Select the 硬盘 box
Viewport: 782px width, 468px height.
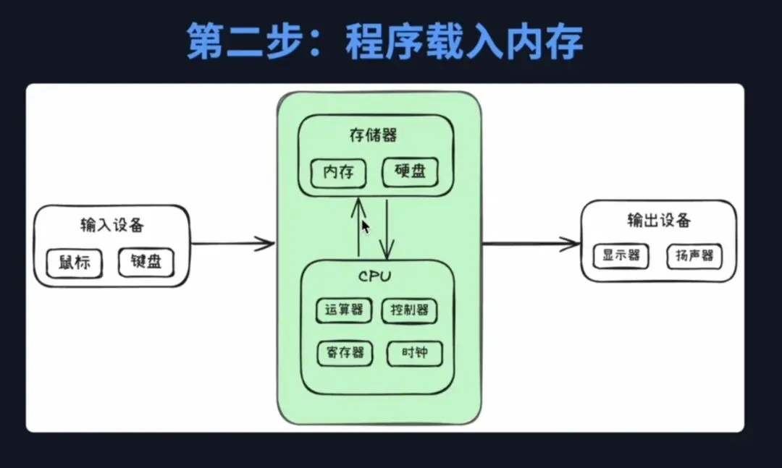pyautogui.click(x=411, y=172)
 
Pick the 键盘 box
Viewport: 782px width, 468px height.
pyautogui.click(x=146, y=262)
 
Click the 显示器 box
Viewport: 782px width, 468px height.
pyautogui.click(x=621, y=255)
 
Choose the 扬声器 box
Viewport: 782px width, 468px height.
pyautogui.click(x=694, y=255)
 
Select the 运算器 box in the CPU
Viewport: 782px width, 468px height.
pyautogui.click(x=344, y=310)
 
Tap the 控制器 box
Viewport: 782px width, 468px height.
pyautogui.click(x=410, y=310)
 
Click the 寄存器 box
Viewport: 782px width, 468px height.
pyautogui.click(x=344, y=353)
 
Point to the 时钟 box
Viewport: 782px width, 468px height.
pyautogui.click(x=413, y=353)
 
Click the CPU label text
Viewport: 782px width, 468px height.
pyautogui.click(x=374, y=276)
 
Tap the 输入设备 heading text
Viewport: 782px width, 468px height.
pyautogui.click(x=112, y=225)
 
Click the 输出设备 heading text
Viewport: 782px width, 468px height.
pyautogui.click(x=658, y=220)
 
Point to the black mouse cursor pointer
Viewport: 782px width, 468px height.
pyautogui.click(x=366, y=226)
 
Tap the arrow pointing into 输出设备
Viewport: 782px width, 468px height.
pyautogui.click(x=532, y=244)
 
